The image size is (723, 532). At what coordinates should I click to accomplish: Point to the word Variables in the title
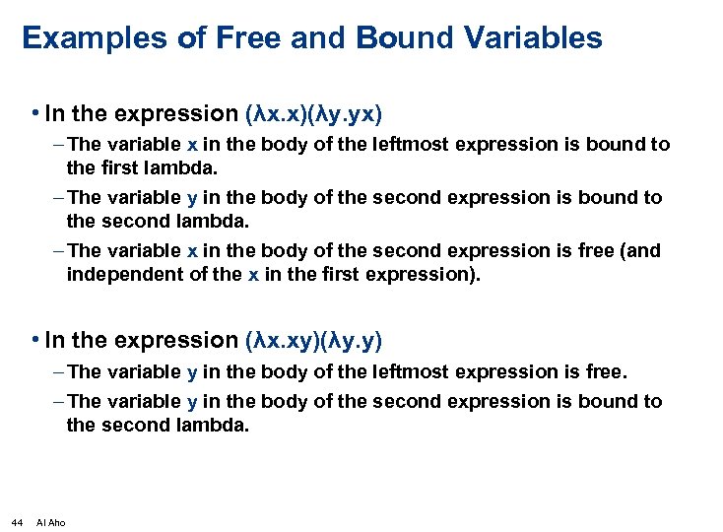click(x=529, y=38)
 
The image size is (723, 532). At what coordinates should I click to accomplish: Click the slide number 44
click(x=17, y=521)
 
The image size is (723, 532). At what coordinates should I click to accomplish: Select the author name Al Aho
click(x=50, y=521)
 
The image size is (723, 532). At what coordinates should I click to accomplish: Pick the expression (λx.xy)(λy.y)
click(x=312, y=341)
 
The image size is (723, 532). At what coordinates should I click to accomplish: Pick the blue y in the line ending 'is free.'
click(x=191, y=372)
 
